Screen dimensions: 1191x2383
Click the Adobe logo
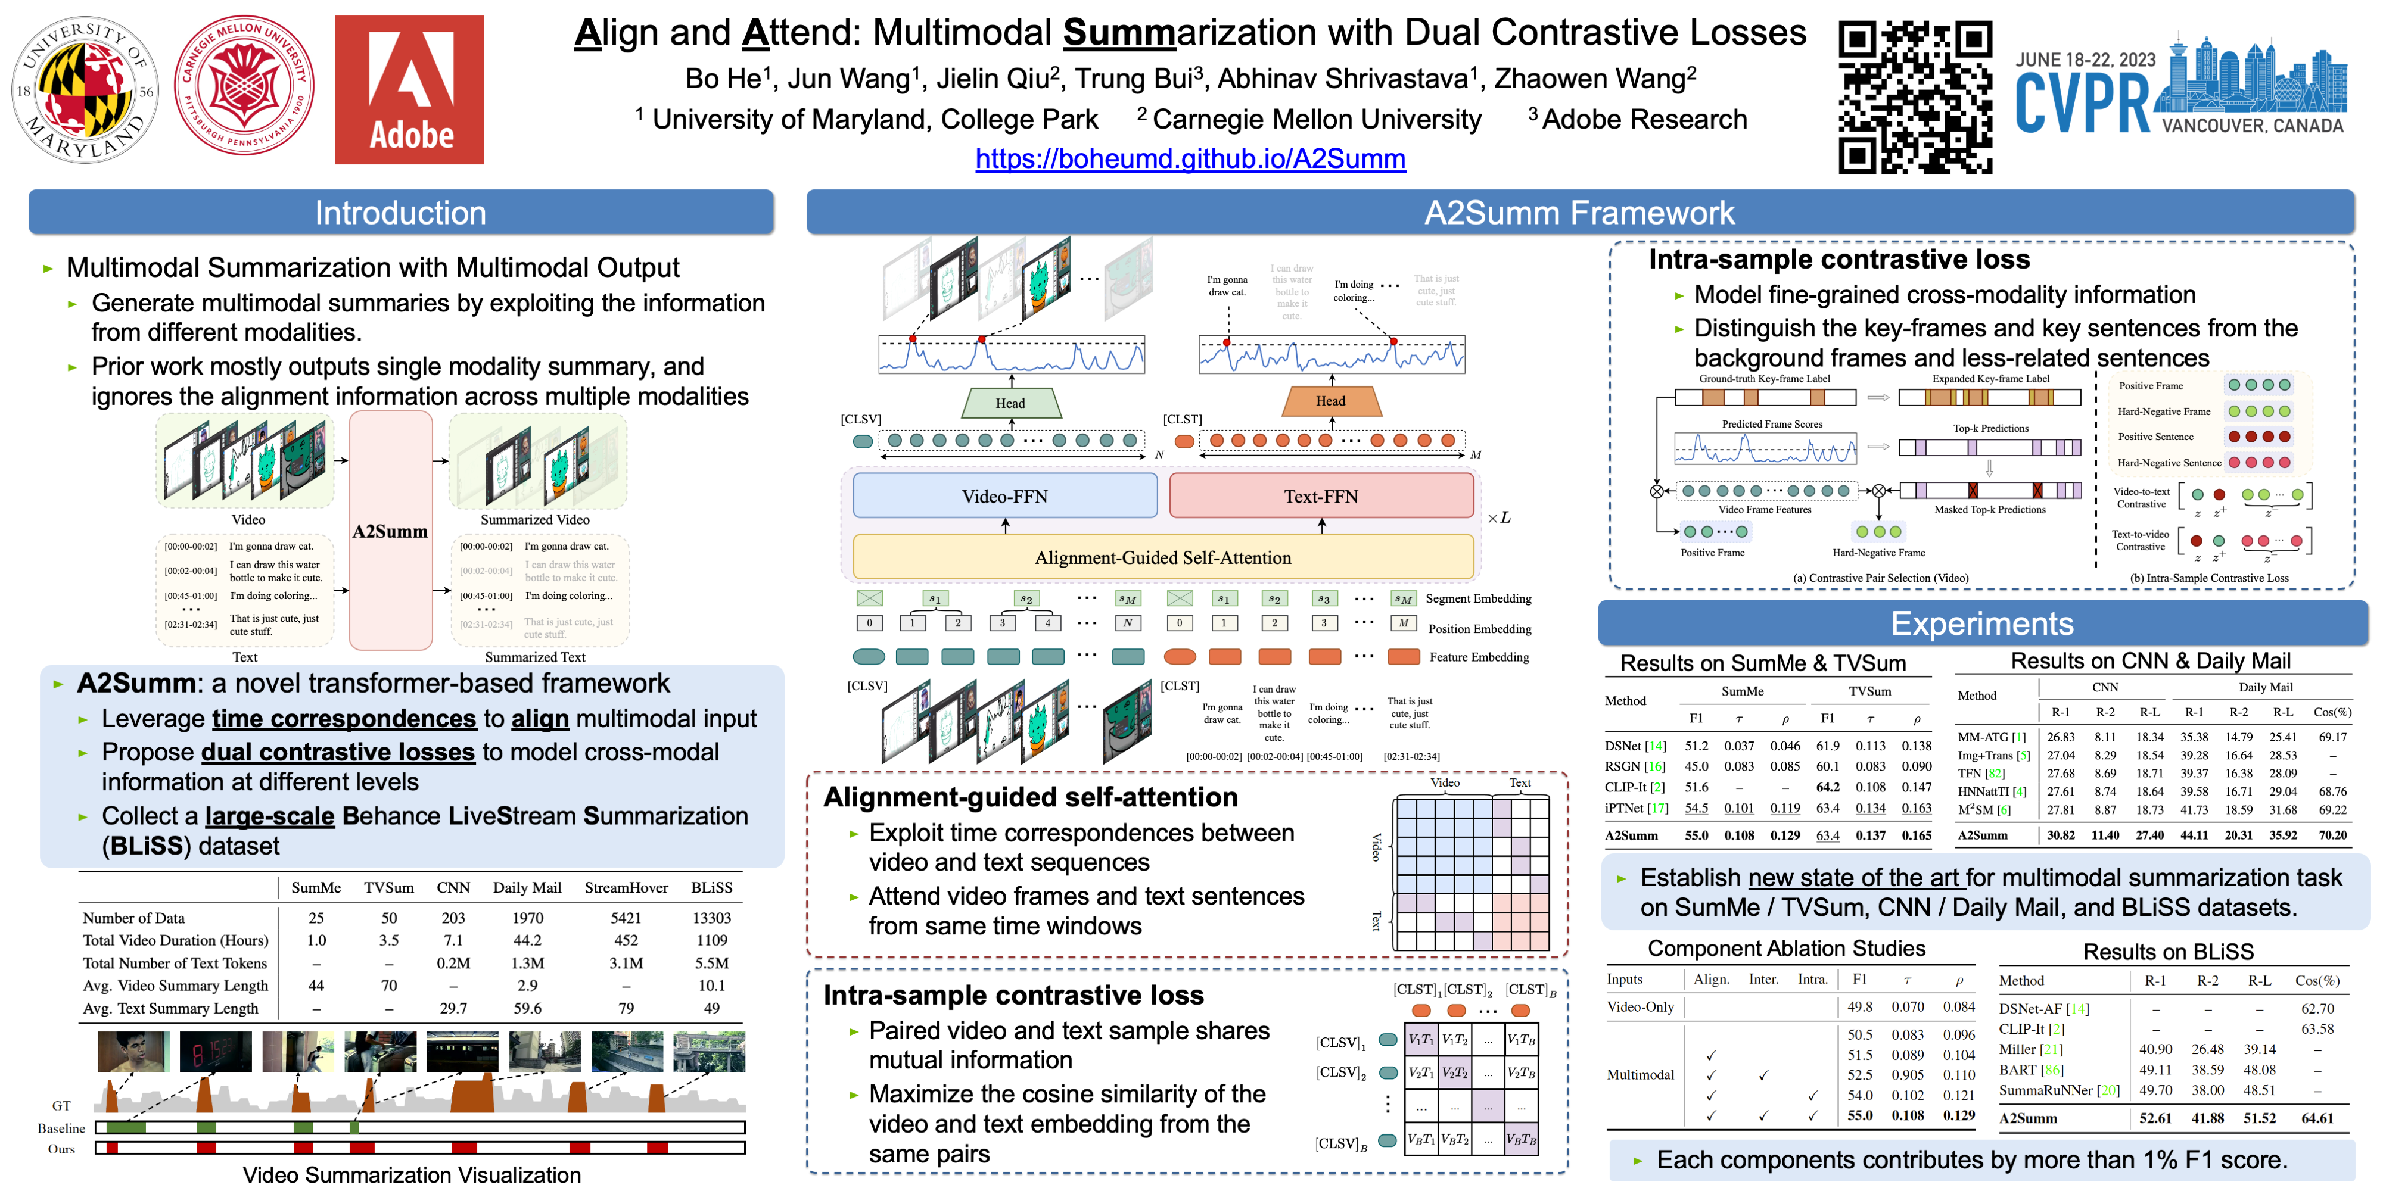[409, 90]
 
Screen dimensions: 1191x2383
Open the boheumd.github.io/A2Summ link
[1190, 159]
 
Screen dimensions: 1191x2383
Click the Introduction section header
[400, 213]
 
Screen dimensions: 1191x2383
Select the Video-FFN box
[1004, 497]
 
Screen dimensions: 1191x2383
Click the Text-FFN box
[1320, 497]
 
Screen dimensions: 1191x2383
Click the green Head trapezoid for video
[1010, 403]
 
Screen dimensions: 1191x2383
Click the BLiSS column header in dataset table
[711, 888]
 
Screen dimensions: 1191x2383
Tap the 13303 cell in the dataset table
[711, 918]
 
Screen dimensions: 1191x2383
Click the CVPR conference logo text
[2083, 104]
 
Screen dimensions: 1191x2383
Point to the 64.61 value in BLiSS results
[2317, 1118]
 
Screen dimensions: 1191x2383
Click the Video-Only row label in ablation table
[1640, 1007]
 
